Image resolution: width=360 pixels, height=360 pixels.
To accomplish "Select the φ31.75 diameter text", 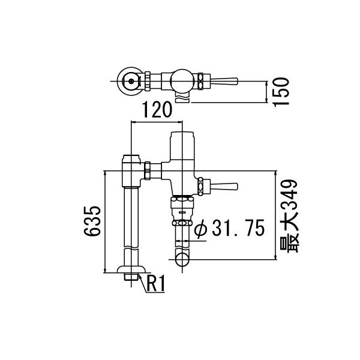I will (230, 229).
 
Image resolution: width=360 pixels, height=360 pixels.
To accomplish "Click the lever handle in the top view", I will (225, 80).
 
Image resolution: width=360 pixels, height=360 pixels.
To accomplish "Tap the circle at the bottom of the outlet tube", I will (182, 259).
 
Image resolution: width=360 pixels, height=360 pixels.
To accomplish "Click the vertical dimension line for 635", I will (105, 222).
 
